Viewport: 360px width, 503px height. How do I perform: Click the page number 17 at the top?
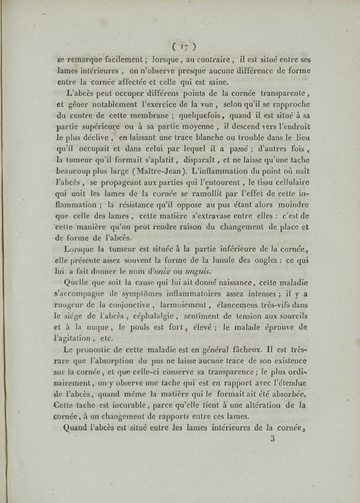(182, 46)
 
